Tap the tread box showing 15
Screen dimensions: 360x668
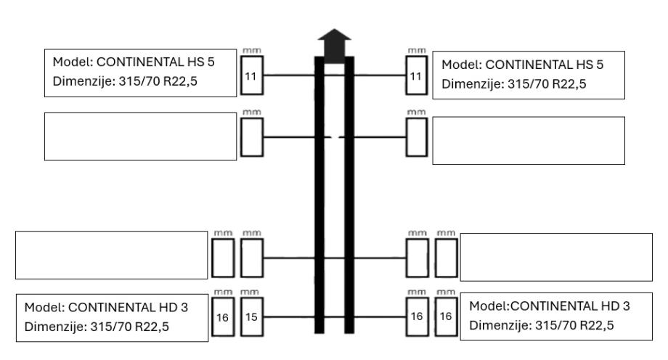pos(250,317)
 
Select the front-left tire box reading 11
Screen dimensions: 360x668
pos(250,75)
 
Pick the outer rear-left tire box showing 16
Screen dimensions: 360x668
pos(221,317)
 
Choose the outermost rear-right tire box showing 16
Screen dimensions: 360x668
pos(446,317)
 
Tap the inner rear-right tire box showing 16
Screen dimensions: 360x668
pos(417,317)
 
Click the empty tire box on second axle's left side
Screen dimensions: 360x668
pos(250,136)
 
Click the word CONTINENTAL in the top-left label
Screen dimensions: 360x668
pos(133,62)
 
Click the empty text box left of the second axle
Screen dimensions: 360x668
pos(140,136)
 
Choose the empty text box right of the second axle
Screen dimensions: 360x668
pos(528,140)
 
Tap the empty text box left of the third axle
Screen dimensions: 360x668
pos(111,255)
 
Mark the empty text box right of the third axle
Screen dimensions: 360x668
pos(556,257)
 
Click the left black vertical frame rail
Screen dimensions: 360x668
pos(319,196)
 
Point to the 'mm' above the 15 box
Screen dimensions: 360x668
pos(250,292)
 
